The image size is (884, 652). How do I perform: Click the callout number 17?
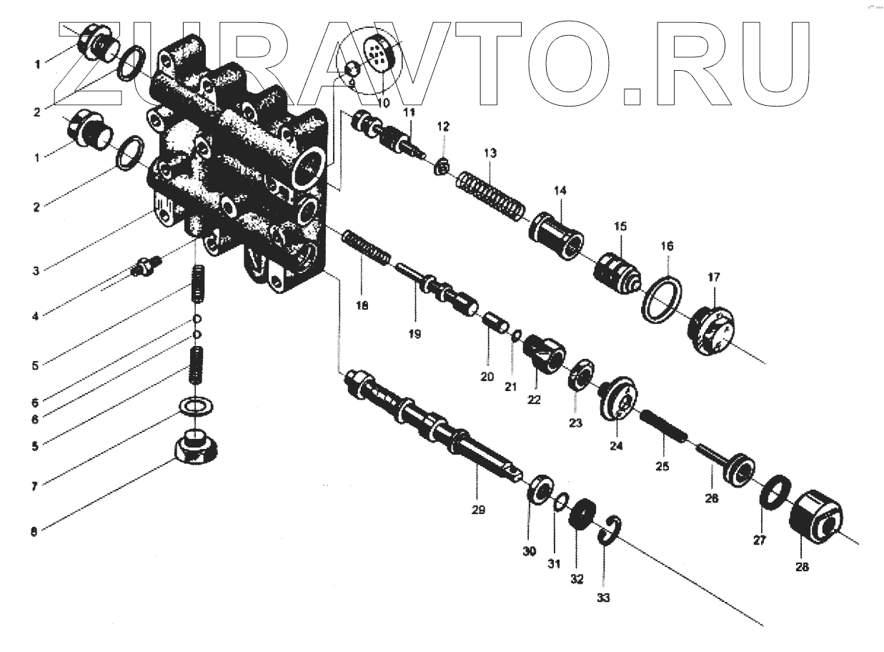pos(715,277)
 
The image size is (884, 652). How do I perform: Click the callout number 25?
pos(662,466)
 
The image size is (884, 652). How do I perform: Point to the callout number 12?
pos(443,127)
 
